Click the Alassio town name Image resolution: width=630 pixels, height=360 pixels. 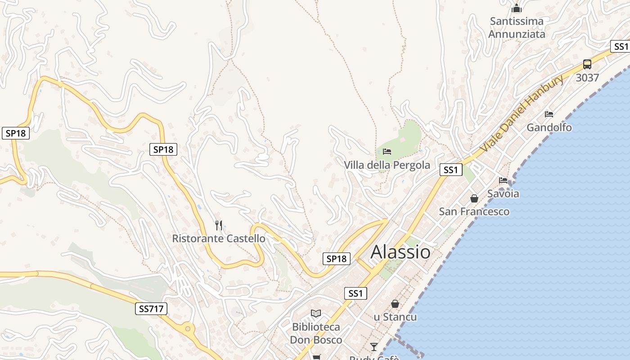400,252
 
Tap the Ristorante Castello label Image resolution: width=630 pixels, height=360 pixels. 219,238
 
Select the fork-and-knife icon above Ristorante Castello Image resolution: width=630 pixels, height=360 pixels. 219,225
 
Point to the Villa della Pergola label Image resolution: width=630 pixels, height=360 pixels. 387,165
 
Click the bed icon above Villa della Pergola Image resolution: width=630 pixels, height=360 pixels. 387,151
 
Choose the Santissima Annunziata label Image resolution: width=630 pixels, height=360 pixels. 517,27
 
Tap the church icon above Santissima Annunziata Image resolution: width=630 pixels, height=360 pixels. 516,8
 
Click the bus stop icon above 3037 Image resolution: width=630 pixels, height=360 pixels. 587,64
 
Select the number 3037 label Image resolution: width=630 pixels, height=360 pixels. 587,78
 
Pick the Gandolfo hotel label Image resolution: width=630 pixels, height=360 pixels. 549,127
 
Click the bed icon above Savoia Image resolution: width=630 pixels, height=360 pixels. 503,180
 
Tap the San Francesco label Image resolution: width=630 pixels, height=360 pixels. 474,211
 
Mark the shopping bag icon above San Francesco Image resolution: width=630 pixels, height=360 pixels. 474,198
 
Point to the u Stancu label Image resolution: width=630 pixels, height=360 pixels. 395,317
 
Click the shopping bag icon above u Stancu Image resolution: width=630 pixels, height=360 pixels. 395,304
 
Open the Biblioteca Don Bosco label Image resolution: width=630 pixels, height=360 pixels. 316,333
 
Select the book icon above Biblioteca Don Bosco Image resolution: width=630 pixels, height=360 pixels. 316,313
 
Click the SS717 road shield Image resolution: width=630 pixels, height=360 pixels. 151,309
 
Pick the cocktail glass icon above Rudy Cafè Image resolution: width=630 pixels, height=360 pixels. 374,346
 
